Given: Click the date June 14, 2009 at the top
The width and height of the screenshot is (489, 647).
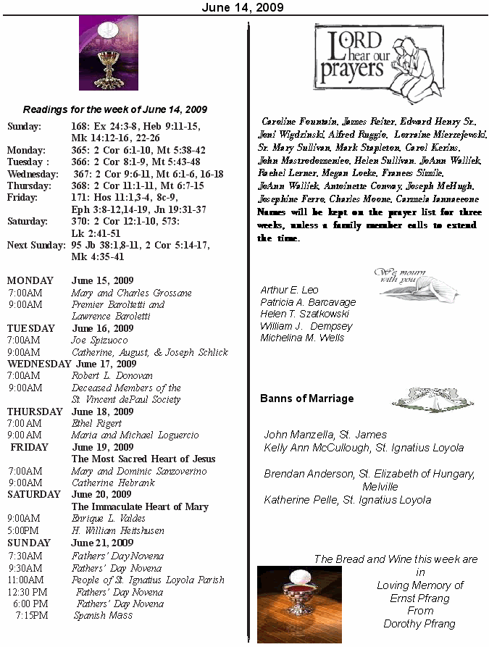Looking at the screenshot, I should coord(243,7).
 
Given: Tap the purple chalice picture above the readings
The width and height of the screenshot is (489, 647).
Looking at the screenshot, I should coord(108,54).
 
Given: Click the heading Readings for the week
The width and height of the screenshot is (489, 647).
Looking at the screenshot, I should coord(115,109).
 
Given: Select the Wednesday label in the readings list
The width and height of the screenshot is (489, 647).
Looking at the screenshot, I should coord(33,174).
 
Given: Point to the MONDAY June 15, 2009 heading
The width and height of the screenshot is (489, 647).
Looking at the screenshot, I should coord(70,280).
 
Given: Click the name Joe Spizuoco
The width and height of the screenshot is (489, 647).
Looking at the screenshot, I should coord(99,340).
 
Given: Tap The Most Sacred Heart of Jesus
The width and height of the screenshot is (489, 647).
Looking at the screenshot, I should coord(143,459).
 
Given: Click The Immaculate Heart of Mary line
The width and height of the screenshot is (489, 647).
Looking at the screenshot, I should coord(140,506).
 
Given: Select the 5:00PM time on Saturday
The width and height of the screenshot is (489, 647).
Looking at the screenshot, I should coord(25,530).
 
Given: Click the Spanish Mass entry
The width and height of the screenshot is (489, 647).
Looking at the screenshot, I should coord(103,615).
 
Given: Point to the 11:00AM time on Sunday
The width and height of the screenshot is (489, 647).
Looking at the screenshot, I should coord(26,580).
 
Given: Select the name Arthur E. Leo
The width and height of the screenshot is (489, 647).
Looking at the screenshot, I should coord(289,290).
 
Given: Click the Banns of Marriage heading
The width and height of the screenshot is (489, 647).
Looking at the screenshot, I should coord(306,398).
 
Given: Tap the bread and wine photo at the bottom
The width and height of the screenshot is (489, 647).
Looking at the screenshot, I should coord(299,604).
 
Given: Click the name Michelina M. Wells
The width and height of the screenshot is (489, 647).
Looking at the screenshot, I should coord(302,338).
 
